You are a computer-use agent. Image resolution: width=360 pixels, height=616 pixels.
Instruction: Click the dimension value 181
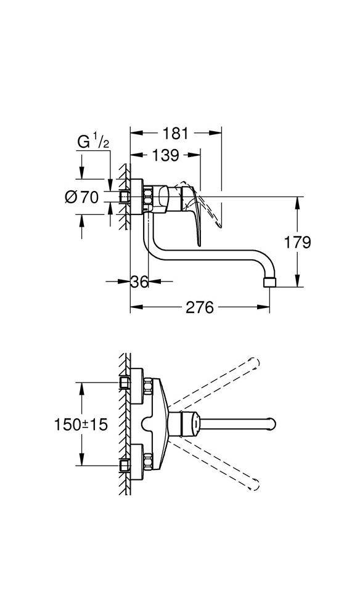(x=175, y=133)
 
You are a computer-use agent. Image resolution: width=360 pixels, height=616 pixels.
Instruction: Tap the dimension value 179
(x=298, y=242)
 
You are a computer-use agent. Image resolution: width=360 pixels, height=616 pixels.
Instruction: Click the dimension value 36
(x=139, y=282)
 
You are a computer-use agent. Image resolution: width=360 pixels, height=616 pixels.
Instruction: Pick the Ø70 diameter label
(x=81, y=198)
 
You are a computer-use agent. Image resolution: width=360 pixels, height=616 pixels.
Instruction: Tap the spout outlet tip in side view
(x=269, y=283)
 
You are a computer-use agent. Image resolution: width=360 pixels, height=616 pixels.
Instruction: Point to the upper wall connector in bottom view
(x=125, y=384)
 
